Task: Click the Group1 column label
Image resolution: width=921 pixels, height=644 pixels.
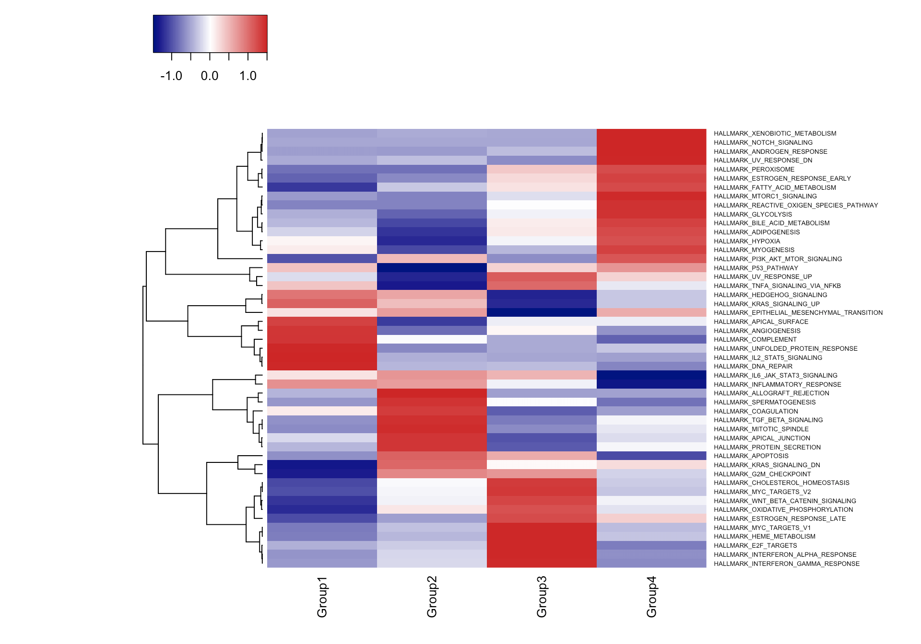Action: click(x=322, y=597)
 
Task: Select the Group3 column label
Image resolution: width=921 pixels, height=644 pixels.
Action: click(x=542, y=597)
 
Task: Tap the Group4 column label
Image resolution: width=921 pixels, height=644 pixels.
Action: click(x=651, y=597)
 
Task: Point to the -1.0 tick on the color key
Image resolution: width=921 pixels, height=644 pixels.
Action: click(x=171, y=76)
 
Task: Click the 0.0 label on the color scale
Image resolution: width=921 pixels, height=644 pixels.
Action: click(x=210, y=76)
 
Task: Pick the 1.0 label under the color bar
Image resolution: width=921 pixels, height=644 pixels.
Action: click(x=248, y=76)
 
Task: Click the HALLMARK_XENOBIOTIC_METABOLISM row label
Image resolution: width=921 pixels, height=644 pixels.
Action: click(x=775, y=134)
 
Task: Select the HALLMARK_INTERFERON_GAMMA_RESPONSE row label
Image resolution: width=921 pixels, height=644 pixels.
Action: click(x=786, y=564)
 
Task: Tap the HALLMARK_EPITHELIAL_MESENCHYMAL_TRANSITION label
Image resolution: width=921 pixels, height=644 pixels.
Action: click(x=798, y=313)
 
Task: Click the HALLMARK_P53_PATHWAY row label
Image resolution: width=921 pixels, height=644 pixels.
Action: click(x=756, y=268)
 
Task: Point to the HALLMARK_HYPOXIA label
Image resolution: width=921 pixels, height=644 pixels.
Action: click(x=746, y=241)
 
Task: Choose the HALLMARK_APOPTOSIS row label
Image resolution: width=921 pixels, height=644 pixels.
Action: click(x=751, y=456)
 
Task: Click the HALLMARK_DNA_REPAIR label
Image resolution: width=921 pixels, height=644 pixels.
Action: click(x=753, y=367)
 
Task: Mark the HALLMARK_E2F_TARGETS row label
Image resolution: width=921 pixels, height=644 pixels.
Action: click(x=755, y=546)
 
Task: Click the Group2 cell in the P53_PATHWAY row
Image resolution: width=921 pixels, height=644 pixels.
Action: click(x=432, y=268)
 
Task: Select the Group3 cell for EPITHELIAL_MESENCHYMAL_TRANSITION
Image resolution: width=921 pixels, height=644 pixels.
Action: click(x=542, y=312)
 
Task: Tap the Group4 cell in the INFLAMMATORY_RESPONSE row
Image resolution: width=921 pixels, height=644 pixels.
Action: click(x=651, y=384)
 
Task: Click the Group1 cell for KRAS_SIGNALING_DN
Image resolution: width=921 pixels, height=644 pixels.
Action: click(x=322, y=465)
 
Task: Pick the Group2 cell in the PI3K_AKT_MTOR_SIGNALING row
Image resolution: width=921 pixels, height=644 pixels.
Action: click(x=432, y=259)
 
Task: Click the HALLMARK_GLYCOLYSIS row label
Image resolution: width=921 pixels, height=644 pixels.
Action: click(x=753, y=215)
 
